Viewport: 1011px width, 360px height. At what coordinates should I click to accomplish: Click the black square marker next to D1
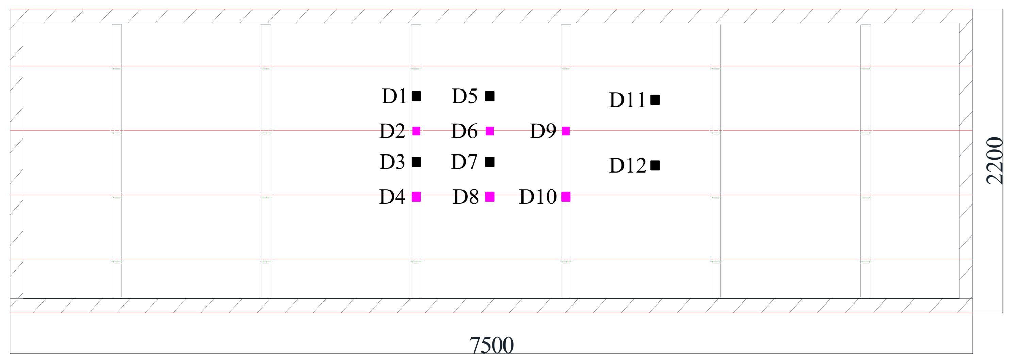pos(416,96)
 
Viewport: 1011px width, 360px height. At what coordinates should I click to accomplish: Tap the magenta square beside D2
pos(416,131)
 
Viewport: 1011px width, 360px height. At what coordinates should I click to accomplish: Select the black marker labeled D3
pos(416,162)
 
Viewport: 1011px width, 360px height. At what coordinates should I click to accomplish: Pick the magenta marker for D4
pos(416,197)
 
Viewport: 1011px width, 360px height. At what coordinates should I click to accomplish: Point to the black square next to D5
pos(490,96)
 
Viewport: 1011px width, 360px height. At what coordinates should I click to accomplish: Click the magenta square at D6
pos(490,131)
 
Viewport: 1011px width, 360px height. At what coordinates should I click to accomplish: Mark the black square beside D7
pos(490,162)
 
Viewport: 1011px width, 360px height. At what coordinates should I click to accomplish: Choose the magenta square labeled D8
pos(490,197)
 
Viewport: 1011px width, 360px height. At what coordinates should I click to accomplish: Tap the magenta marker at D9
pos(566,131)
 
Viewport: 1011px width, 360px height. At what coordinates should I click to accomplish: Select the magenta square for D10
pos(566,197)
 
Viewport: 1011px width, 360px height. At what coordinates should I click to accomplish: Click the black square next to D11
pos(655,100)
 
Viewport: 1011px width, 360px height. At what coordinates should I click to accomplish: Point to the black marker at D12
pos(655,166)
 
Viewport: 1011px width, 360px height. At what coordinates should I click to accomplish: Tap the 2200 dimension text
pos(995,161)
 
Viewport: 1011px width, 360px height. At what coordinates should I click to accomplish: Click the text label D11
pos(627,100)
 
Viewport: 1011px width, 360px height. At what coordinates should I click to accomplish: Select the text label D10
pos(538,197)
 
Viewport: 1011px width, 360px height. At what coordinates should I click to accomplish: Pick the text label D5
pos(465,96)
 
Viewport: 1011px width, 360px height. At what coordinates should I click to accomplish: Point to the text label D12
pos(628,166)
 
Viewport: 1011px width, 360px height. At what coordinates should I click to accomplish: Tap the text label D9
pos(543,131)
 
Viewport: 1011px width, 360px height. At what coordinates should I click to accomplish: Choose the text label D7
pos(464,162)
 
